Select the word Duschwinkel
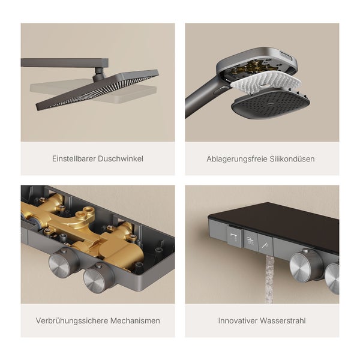pos(122,159)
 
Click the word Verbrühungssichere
pos(70,320)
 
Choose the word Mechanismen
pos(133,320)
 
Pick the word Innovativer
pos(239,320)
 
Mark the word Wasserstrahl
pos(284,320)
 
